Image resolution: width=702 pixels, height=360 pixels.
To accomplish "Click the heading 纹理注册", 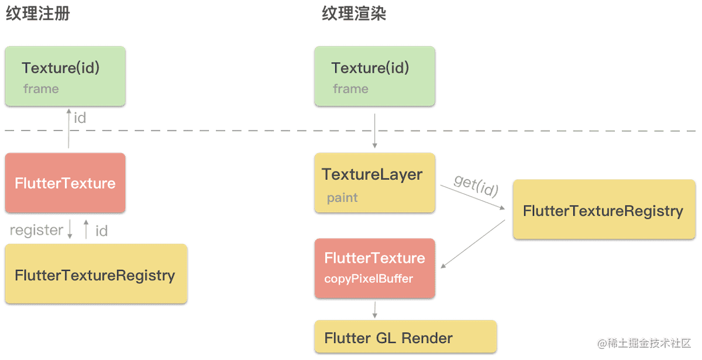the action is (38, 14).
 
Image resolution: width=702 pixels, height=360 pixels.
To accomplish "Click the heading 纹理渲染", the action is (354, 14).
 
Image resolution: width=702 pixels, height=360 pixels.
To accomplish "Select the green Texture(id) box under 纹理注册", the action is (65, 76).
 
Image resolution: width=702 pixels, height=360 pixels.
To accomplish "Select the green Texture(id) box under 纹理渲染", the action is (375, 76).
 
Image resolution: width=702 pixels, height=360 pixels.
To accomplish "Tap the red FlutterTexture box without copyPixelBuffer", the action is (65, 183).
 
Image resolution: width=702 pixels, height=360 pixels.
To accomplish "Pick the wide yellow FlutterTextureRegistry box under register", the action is (96, 274).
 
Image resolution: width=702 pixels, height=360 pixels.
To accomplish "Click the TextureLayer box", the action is (375, 183).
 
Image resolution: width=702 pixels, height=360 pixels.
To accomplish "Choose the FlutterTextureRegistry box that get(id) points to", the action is (604, 209).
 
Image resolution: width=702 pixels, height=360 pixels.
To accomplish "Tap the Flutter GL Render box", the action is (405, 337).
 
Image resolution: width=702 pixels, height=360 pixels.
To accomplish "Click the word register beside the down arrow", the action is (36, 230).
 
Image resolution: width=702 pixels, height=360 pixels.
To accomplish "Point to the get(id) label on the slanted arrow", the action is (476, 186).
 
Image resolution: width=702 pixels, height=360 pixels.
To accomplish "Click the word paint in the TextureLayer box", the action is (342, 198).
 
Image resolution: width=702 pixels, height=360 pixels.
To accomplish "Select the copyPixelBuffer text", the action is (369, 279).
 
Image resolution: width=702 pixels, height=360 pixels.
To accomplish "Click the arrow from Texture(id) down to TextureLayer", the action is (374, 131).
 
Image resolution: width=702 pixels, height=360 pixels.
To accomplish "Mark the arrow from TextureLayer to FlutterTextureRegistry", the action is (473, 197).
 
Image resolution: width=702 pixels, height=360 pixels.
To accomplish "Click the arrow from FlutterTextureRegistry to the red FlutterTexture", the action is (473, 244).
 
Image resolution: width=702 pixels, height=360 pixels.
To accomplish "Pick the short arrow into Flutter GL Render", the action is (375, 310).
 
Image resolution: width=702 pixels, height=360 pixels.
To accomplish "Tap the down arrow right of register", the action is (70, 229).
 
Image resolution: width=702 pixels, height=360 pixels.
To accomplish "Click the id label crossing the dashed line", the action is (80, 118).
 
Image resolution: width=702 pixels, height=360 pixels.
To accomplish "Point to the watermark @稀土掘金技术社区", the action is (644, 344).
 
